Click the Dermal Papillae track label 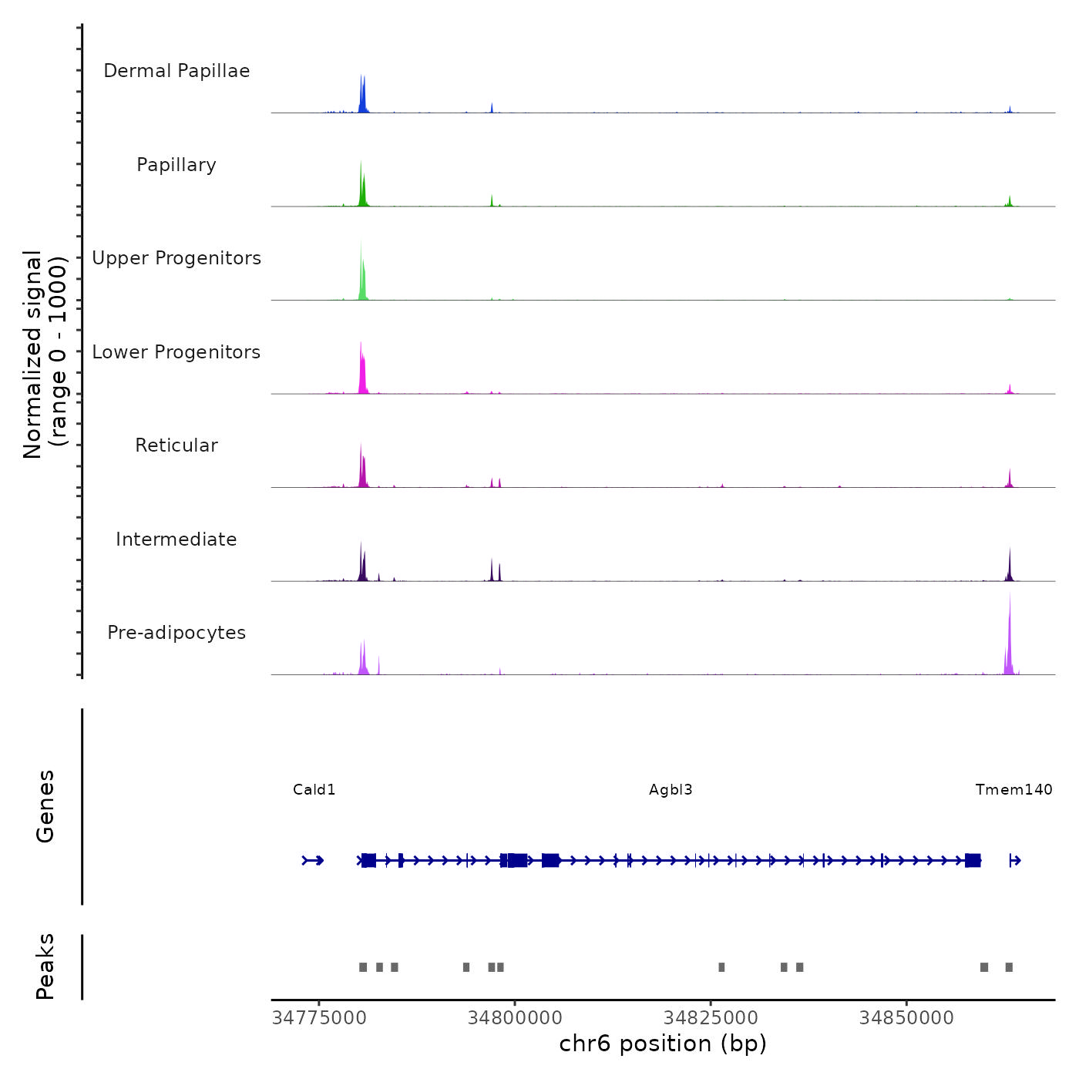[x=176, y=71]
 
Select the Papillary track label [x=176, y=165]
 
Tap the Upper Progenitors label [x=176, y=258]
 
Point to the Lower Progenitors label [x=176, y=352]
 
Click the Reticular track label [x=176, y=445]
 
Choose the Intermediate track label [x=176, y=539]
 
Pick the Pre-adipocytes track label [x=176, y=633]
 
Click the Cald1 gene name [x=314, y=790]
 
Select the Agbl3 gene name [x=671, y=790]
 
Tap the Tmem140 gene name [x=1013, y=790]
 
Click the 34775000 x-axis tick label [x=320, y=1018]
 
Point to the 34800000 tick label [x=515, y=1018]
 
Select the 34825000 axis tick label [x=711, y=1018]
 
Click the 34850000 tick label [x=906, y=1018]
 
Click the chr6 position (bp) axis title [x=663, y=1044]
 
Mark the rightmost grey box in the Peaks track [x=1009, y=967]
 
